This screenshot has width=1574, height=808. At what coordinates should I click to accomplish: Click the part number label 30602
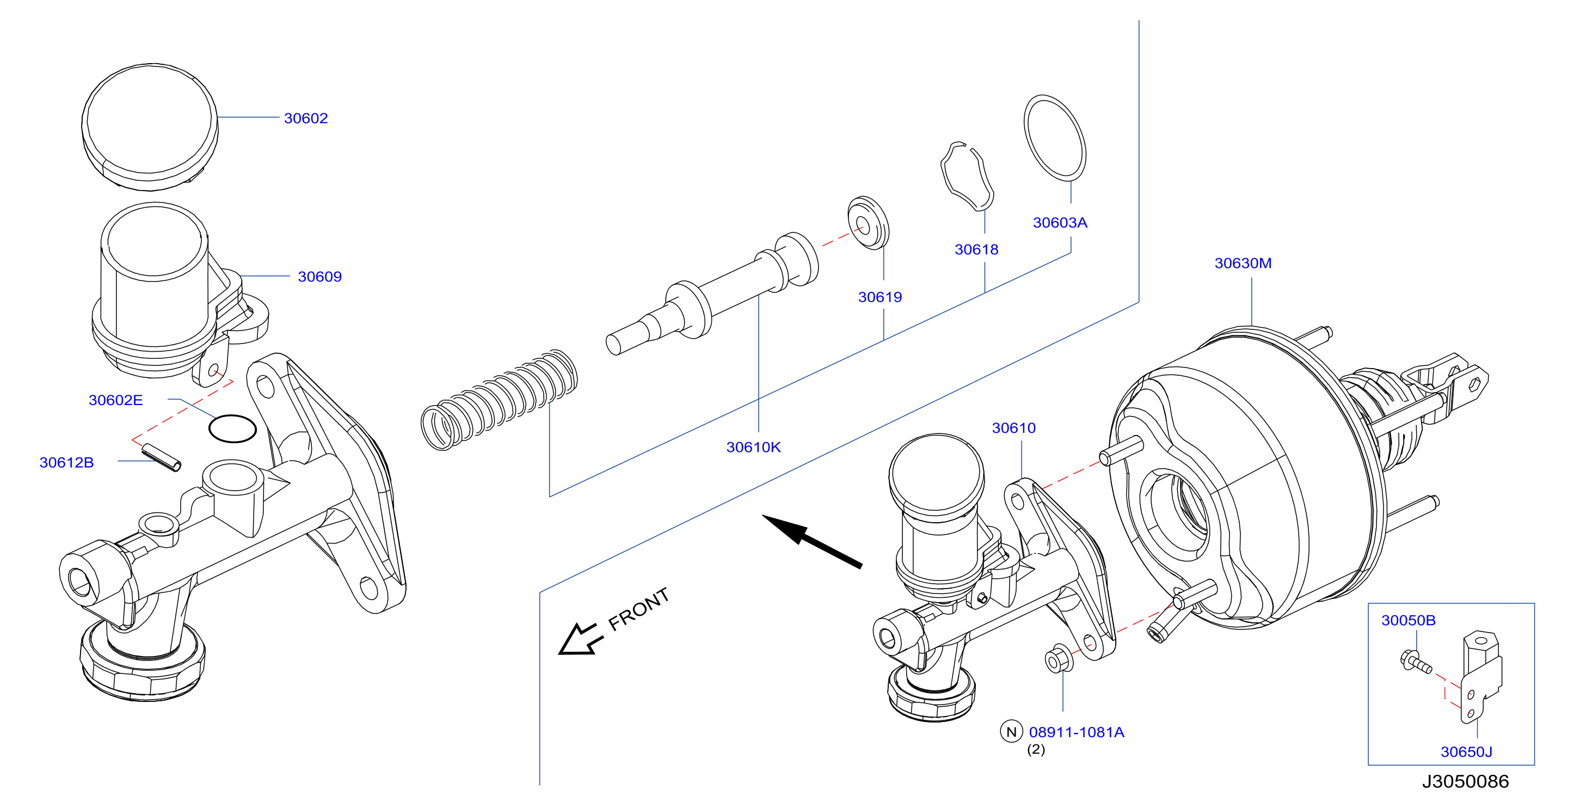tap(305, 118)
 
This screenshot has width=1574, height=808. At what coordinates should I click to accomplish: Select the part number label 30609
tap(319, 276)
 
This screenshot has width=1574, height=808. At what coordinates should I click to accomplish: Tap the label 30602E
tap(115, 400)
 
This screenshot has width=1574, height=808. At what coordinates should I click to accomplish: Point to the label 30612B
tap(66, 462)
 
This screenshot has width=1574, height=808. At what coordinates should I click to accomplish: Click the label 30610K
tap(753, 447)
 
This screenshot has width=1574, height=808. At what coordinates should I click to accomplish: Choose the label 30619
tap(880, 297)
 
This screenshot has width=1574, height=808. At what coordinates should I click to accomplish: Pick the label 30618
tap(976, 249)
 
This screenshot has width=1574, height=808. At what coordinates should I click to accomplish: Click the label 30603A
tap(1060, 223)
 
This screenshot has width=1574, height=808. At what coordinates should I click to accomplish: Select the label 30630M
tap(1243, 263)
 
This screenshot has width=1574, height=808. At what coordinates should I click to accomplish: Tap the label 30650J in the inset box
tap(1466, 752)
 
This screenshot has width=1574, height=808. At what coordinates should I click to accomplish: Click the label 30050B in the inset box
tap(1409, 620)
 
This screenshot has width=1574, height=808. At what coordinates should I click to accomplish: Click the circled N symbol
tap(1011, 731)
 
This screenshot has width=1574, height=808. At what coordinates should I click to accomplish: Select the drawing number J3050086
tap(1465, 781)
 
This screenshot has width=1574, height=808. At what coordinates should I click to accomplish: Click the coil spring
tap(499, 400)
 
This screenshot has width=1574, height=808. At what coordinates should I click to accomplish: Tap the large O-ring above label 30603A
tap(1055, 138)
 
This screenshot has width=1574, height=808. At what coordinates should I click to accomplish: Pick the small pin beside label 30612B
tap(161, 457)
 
